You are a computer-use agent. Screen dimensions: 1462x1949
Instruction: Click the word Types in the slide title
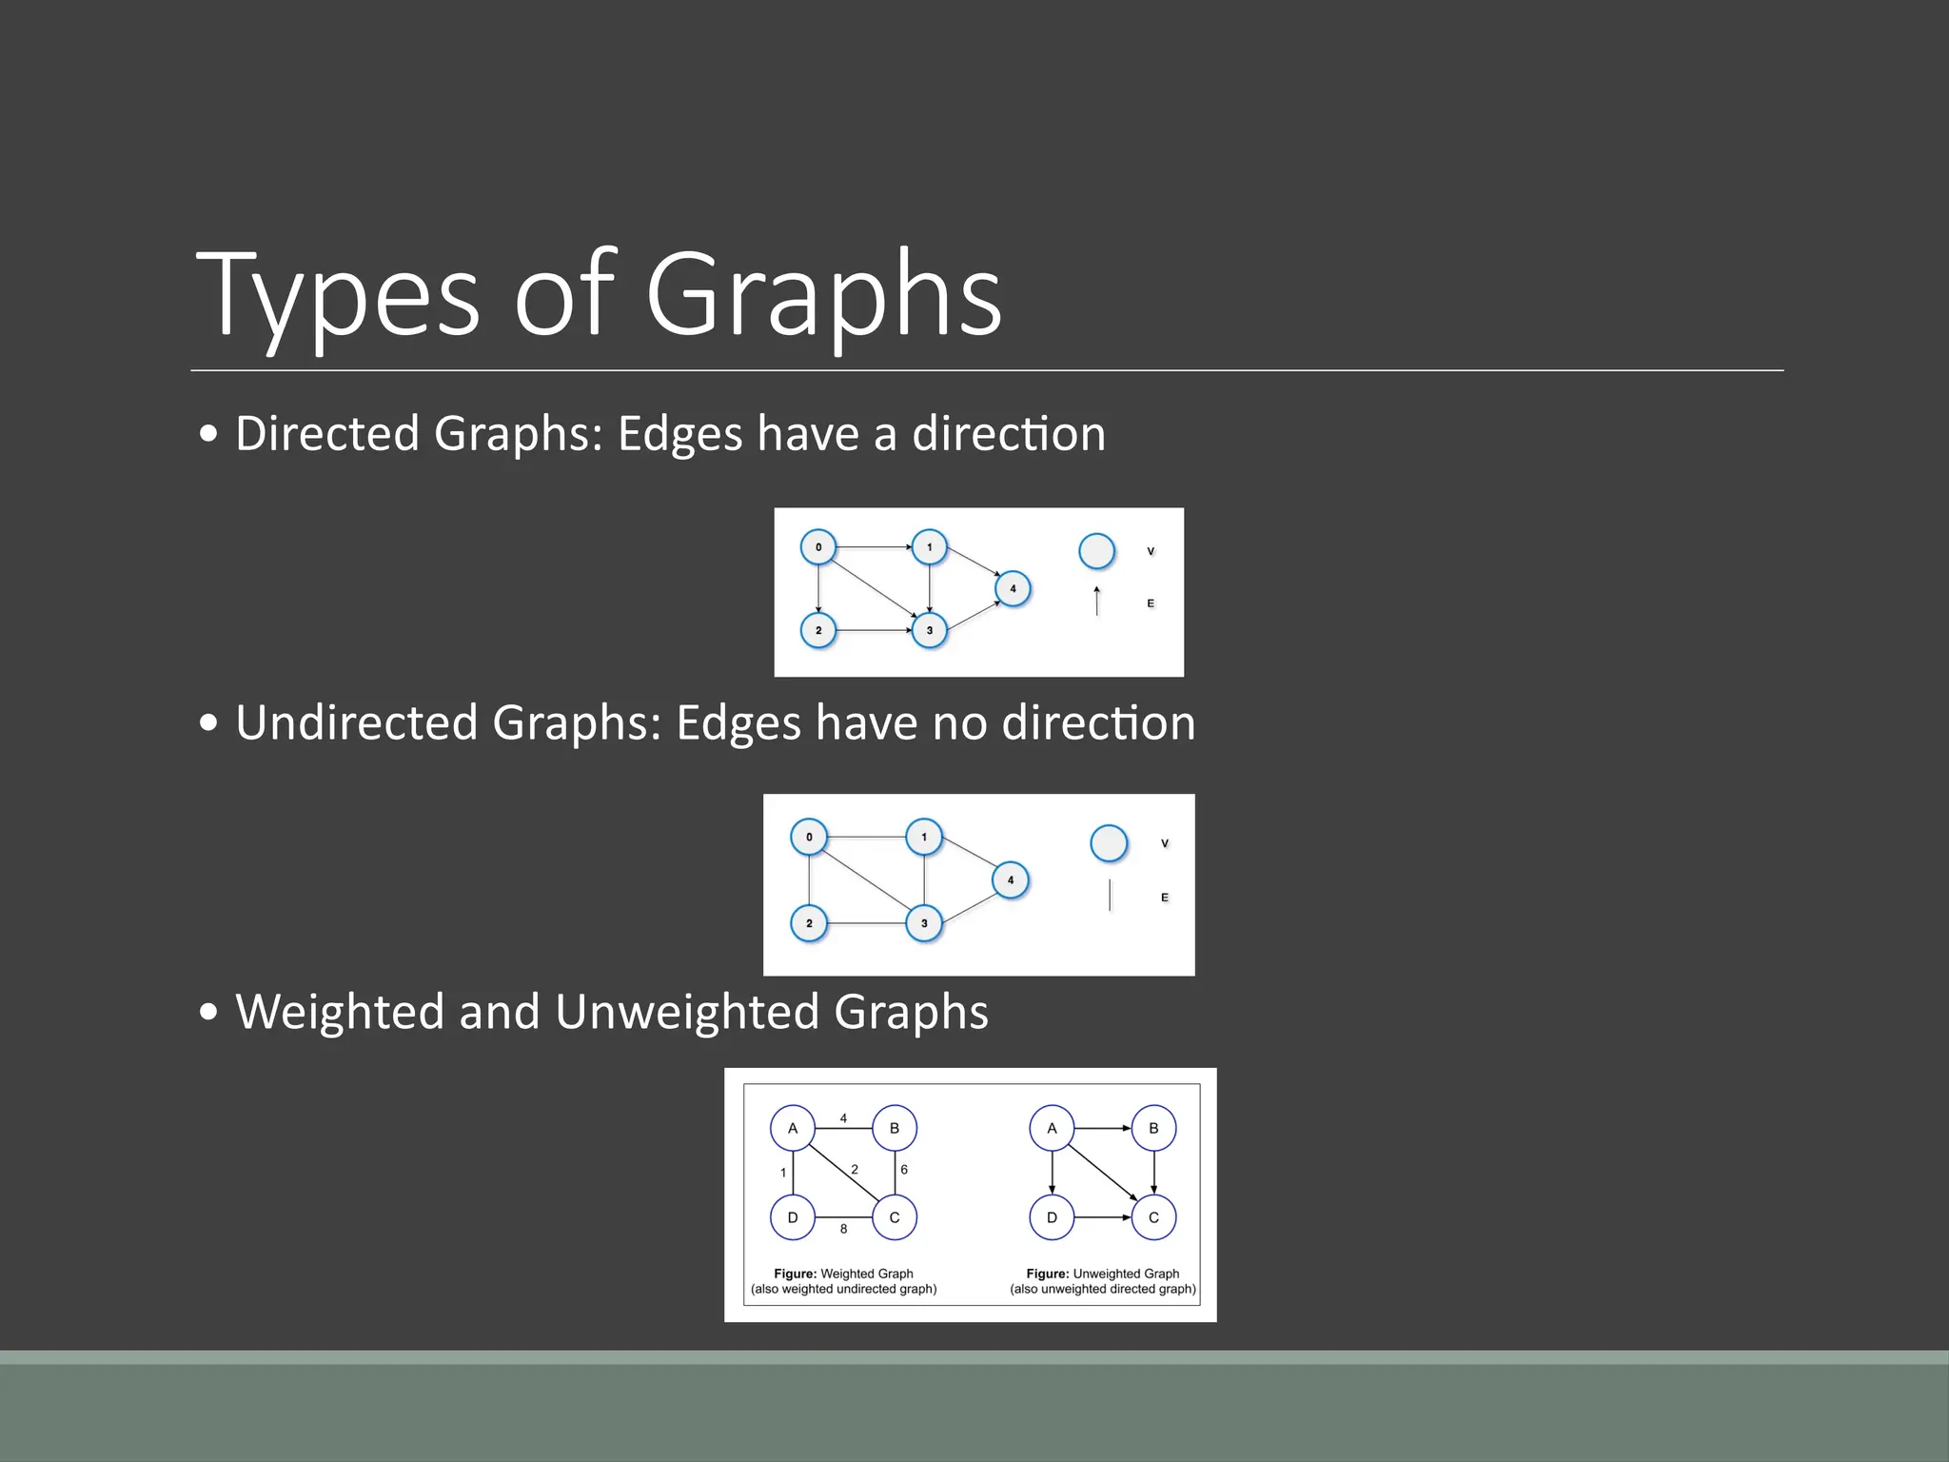(x=338, y=295)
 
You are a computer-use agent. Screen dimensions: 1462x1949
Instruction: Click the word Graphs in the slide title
(x=823, y=295)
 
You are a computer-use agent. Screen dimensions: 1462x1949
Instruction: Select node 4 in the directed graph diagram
(x=1013, y=588)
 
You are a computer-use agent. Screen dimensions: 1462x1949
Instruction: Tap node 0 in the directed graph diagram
(x=818, y=547)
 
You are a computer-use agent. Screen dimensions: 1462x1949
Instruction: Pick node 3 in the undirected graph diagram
(x=924, y=923)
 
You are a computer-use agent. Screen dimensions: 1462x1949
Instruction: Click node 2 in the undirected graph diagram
(x=809, y=923)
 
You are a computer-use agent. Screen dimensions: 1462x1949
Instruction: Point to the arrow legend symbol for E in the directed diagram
(x=1097, y=602)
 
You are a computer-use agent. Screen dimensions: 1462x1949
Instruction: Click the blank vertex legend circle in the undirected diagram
(x=1109, y=843)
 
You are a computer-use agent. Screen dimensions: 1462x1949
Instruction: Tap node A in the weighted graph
(x=793, y=1128)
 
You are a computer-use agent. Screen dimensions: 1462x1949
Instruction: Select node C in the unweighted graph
(x=1153, y=1217)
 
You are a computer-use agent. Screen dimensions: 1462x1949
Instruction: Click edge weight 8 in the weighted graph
(x=843, y=1229)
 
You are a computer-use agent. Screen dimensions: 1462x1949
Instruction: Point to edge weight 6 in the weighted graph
(x=904, y=1170)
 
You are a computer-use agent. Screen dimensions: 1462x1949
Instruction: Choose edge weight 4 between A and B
(x=843, y=1118)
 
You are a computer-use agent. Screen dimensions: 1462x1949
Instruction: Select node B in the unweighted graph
(x=1153, y=1128)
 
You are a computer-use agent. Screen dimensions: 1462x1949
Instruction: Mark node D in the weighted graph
(x=793, y=1217)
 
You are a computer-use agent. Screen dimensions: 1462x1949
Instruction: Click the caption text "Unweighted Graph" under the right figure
(x=1126, y=1274)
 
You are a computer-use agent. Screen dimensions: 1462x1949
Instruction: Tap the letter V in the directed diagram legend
(x=1151, y=551)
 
